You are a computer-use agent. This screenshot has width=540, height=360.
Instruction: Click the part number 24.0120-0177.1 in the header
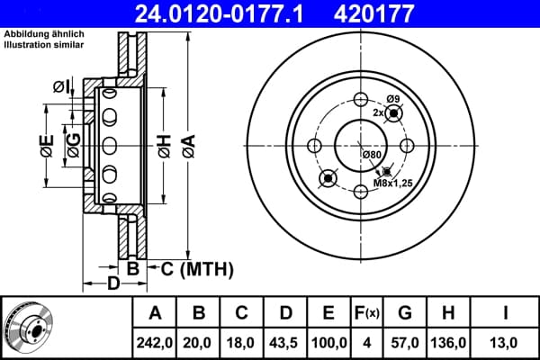click(x=220, y=13)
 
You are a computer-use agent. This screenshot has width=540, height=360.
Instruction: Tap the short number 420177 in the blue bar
click(x=373, y=13)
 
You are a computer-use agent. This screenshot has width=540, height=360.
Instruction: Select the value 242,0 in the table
click(x=154, y=343)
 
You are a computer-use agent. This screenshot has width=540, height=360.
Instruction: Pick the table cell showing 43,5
click(x=285, y=343)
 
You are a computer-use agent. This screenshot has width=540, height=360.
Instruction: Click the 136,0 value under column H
click(x=448, y=343)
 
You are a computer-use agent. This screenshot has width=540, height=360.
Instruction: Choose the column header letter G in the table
click(x=405, y=313)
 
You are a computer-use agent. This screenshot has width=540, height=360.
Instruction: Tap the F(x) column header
click(x=367, y=313)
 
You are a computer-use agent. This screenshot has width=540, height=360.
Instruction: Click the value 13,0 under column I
click(x=503, y=343)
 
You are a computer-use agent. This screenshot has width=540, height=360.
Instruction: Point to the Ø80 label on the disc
click(x=372, y=155)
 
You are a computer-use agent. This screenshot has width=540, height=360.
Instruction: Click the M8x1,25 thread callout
click(x=393, y=184)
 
